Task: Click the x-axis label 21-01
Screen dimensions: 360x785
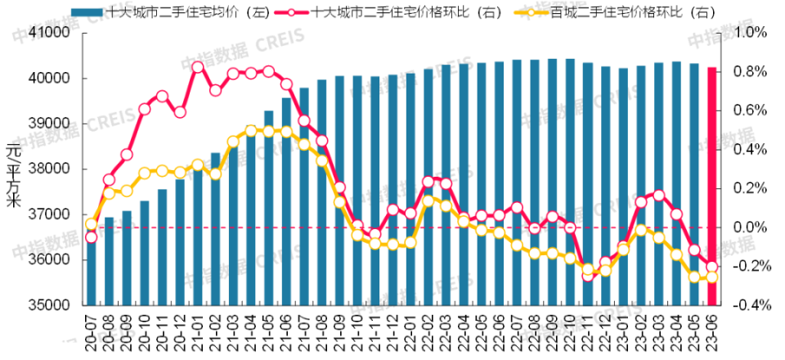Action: [x=196, y=331]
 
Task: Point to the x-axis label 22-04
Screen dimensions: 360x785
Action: [x=463, y=331]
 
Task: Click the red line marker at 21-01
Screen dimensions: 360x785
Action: [x=198, y=67]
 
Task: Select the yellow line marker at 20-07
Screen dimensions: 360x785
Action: [x=91, y=223]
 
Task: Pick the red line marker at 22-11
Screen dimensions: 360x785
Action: [x=588, y=276]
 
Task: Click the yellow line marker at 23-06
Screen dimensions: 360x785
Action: [x=711, y=277]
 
